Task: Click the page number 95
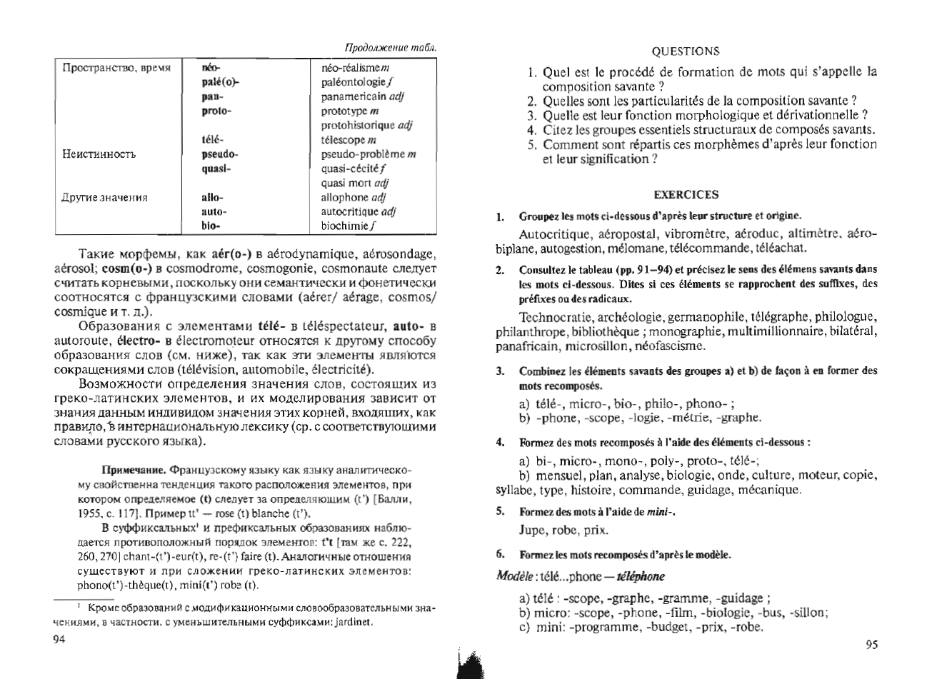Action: [871, 645]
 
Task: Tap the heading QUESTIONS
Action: [686, 51]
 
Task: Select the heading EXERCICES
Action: [686, 194]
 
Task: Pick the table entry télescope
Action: [345, 140]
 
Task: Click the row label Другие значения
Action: [104, 198]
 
